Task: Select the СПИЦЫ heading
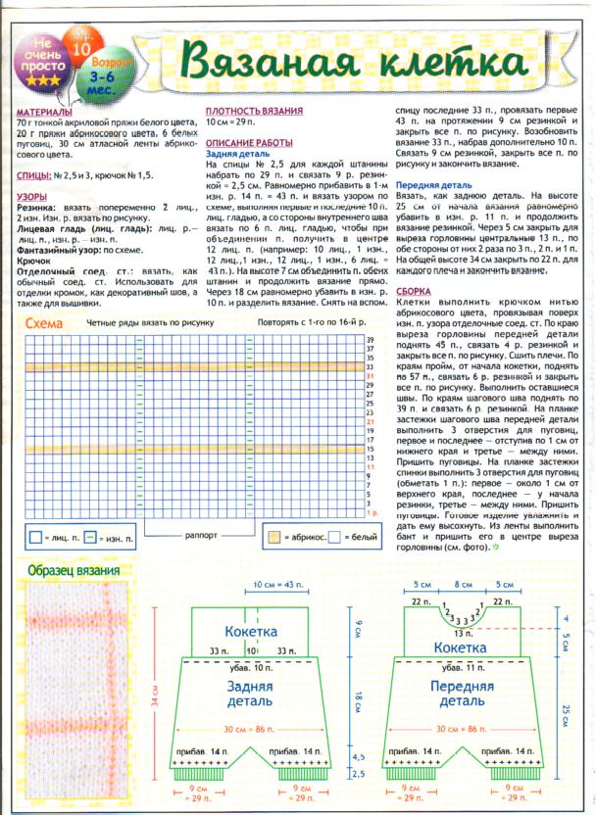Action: pyautogui.click(x=33, y=174)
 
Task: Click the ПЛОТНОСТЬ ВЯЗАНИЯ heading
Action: pyautogui.click(x=253, y=113)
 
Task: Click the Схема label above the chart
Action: pyautogui.click(x=45, y=323)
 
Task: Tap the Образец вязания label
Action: pyautogui.click(x=74, y=571)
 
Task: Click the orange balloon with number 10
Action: pyautogui.click(x=82, y=45)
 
